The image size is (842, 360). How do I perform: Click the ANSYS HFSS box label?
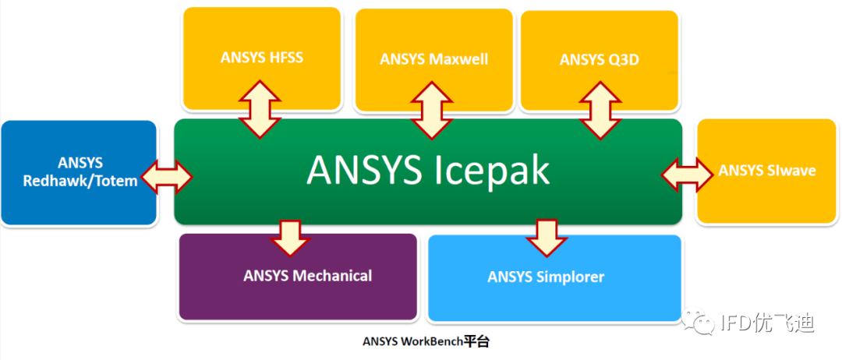(x=261, y=57)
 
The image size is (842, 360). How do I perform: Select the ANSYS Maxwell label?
(x=434, y=59)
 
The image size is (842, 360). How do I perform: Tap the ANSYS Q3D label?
(x=600, y=60)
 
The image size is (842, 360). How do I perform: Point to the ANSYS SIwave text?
(x=766, y=170)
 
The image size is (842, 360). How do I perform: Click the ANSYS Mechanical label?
(x=307, y=276)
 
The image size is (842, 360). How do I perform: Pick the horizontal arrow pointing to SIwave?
(x=687, y=174)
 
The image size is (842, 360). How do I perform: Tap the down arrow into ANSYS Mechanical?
(x=290, y=238)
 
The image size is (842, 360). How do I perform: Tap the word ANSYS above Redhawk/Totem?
(x=80, y=164)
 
